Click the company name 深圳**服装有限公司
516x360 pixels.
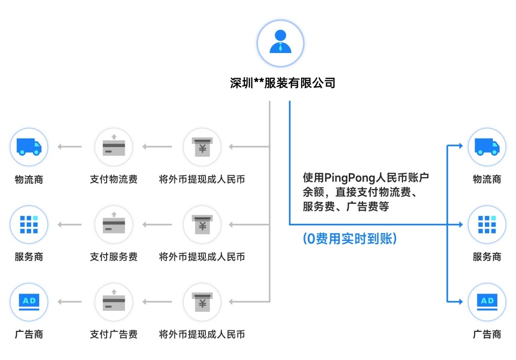click(x=283, y=83)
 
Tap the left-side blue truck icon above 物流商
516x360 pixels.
click(x=29, y=147)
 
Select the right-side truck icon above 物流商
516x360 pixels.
click(x=487, y=147)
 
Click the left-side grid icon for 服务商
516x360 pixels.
click(x=29, y=224)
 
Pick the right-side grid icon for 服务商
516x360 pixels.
click(x=487, y=224)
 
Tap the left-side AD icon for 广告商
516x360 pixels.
click(x=29, y=302)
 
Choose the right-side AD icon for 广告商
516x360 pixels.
click(x=487, y=302)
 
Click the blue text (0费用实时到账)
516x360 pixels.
click(x=350, y=239)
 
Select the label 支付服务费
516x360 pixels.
click(x=114, y=257)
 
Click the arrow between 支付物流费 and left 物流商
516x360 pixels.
click(x=70, y=147)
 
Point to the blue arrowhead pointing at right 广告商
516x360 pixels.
click(x=460, y=302)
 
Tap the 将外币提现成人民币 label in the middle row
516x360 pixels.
click(x=202, y=257)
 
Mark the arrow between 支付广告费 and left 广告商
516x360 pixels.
click(x=70, y=302)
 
